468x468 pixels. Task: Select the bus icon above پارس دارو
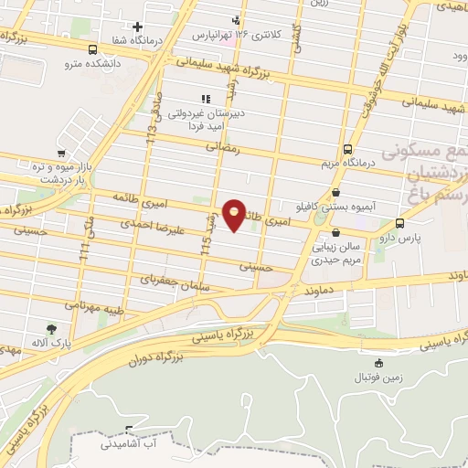coord(399,222)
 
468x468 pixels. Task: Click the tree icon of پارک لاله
coord(50,329)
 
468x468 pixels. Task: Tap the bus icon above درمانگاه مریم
coord(347,149)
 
